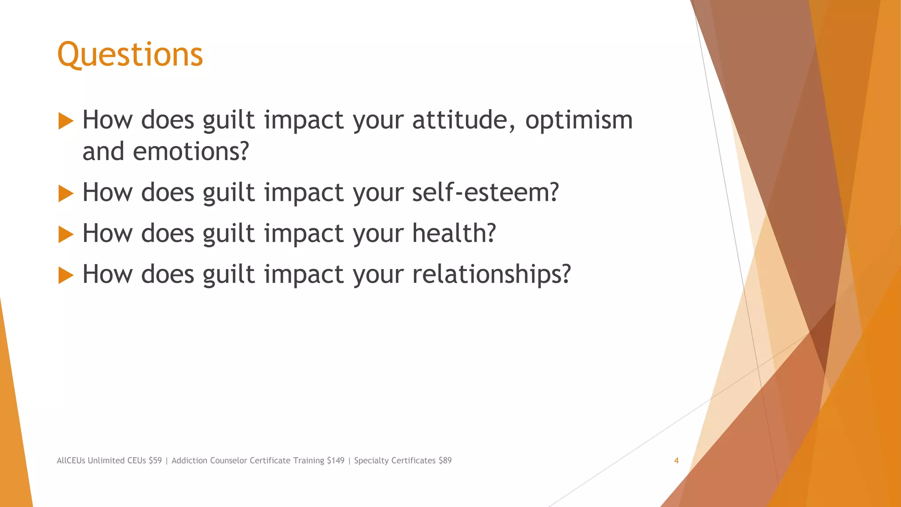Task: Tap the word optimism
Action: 579,120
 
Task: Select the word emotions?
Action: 191,151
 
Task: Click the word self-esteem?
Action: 485,192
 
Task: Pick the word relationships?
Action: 491,274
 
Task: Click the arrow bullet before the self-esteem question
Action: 66,194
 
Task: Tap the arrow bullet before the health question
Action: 66,235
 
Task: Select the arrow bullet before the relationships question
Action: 66,276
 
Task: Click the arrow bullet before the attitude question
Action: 66,121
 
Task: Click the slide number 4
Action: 676,461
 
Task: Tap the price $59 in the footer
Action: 155,461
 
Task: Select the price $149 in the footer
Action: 336,461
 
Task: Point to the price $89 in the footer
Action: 445,461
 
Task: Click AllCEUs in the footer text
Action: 71,461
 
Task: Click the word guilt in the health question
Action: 228,233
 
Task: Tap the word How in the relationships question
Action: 107,274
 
